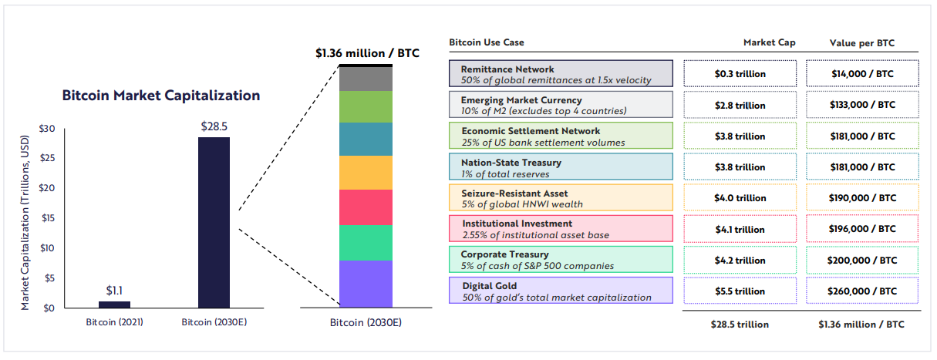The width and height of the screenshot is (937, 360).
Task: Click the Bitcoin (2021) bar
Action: point(114,304)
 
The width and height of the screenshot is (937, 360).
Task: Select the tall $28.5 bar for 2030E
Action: point(214,223)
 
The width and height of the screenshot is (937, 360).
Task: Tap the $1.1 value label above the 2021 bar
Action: point(114,291)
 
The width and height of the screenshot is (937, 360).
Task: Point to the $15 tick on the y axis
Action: point(48,218)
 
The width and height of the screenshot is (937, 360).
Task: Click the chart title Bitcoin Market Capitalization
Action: point(161,96)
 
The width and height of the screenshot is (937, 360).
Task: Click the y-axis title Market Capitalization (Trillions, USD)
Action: point(25,223)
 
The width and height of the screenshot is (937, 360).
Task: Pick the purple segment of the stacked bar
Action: point(366,284)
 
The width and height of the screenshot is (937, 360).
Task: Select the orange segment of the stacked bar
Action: point(366,173)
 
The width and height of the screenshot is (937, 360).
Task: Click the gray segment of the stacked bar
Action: point(366,79)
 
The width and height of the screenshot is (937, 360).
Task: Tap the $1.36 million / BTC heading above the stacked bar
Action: point(367,53)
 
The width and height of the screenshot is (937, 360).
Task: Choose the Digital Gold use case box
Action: point(561,290)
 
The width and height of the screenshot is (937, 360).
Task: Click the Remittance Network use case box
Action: point(561,73)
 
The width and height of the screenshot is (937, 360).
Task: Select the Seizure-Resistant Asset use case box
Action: point(561,197)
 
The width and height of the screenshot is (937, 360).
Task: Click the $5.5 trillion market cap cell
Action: point(740,291)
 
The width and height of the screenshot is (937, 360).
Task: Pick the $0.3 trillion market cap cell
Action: point(740,73)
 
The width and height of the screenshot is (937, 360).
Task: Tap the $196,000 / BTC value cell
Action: point(862,229)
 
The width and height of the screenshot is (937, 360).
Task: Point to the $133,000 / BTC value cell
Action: point(862,105)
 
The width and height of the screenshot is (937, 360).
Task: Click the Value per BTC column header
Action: point(862,43)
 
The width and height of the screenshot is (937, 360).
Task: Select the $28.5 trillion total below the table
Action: point(740,325)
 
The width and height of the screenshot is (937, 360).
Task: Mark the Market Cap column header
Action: point(769,42)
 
